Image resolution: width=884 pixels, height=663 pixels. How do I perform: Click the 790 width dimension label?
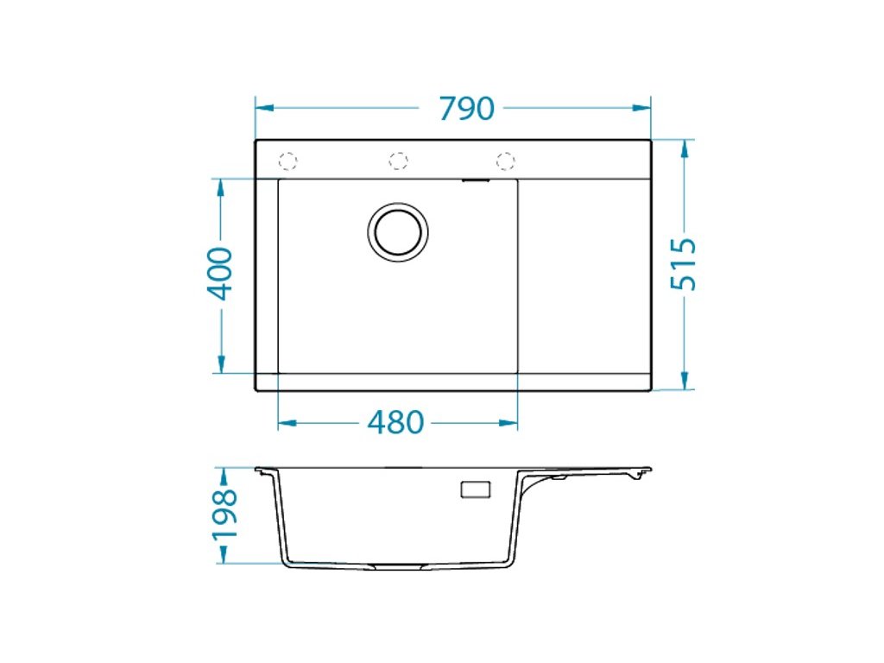tap(466, 108)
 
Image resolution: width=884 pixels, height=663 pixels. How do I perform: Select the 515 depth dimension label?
tap(684, 264)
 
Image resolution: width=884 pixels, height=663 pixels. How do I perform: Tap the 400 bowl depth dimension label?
tap(219, 274)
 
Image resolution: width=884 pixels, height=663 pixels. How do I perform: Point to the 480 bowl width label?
tap(395, 422)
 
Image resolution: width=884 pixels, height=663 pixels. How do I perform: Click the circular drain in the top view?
tap(397, 232)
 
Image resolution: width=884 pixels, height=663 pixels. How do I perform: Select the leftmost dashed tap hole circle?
tap(287, 161)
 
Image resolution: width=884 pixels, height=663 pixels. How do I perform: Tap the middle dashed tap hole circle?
tap(398, 161)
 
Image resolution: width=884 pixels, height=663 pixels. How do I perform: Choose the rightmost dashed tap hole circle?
tap(505, 161)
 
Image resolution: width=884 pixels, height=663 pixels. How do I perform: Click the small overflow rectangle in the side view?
tap(476, 489)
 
